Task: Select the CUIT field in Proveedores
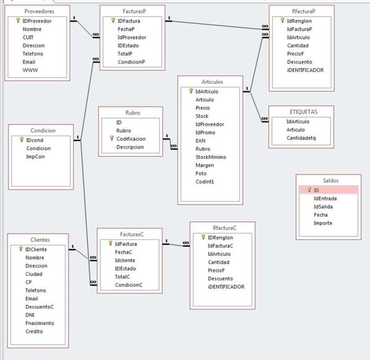click(29, 38)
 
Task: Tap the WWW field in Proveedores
click(30, 70)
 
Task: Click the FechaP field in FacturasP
click(126, 29)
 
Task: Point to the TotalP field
click(126, 54)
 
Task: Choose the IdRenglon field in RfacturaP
click(300, 20)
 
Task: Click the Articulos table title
click(212, 81)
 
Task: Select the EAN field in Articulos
click(201, 141)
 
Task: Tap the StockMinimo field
click(210, 157)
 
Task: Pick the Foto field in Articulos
click(202, 173)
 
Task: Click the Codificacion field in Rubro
click(131, 139)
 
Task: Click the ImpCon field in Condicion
click(35, 157)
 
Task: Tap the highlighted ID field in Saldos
click(316, 190)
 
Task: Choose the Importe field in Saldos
click(323, 223)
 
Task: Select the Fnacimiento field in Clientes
click(39, 323)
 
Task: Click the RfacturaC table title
click(221, 227)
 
